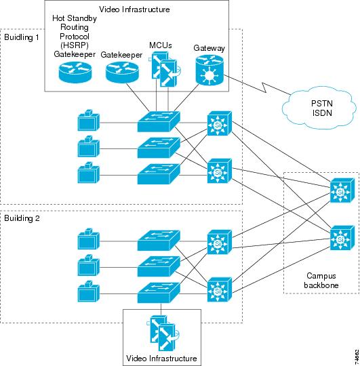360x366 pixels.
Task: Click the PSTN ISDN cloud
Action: [308, 106]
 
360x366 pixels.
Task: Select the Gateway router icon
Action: [207, 70]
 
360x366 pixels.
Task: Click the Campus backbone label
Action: [321, 281]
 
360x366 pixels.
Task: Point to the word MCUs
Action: [161, 45]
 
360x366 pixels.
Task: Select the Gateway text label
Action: [209, 49]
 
